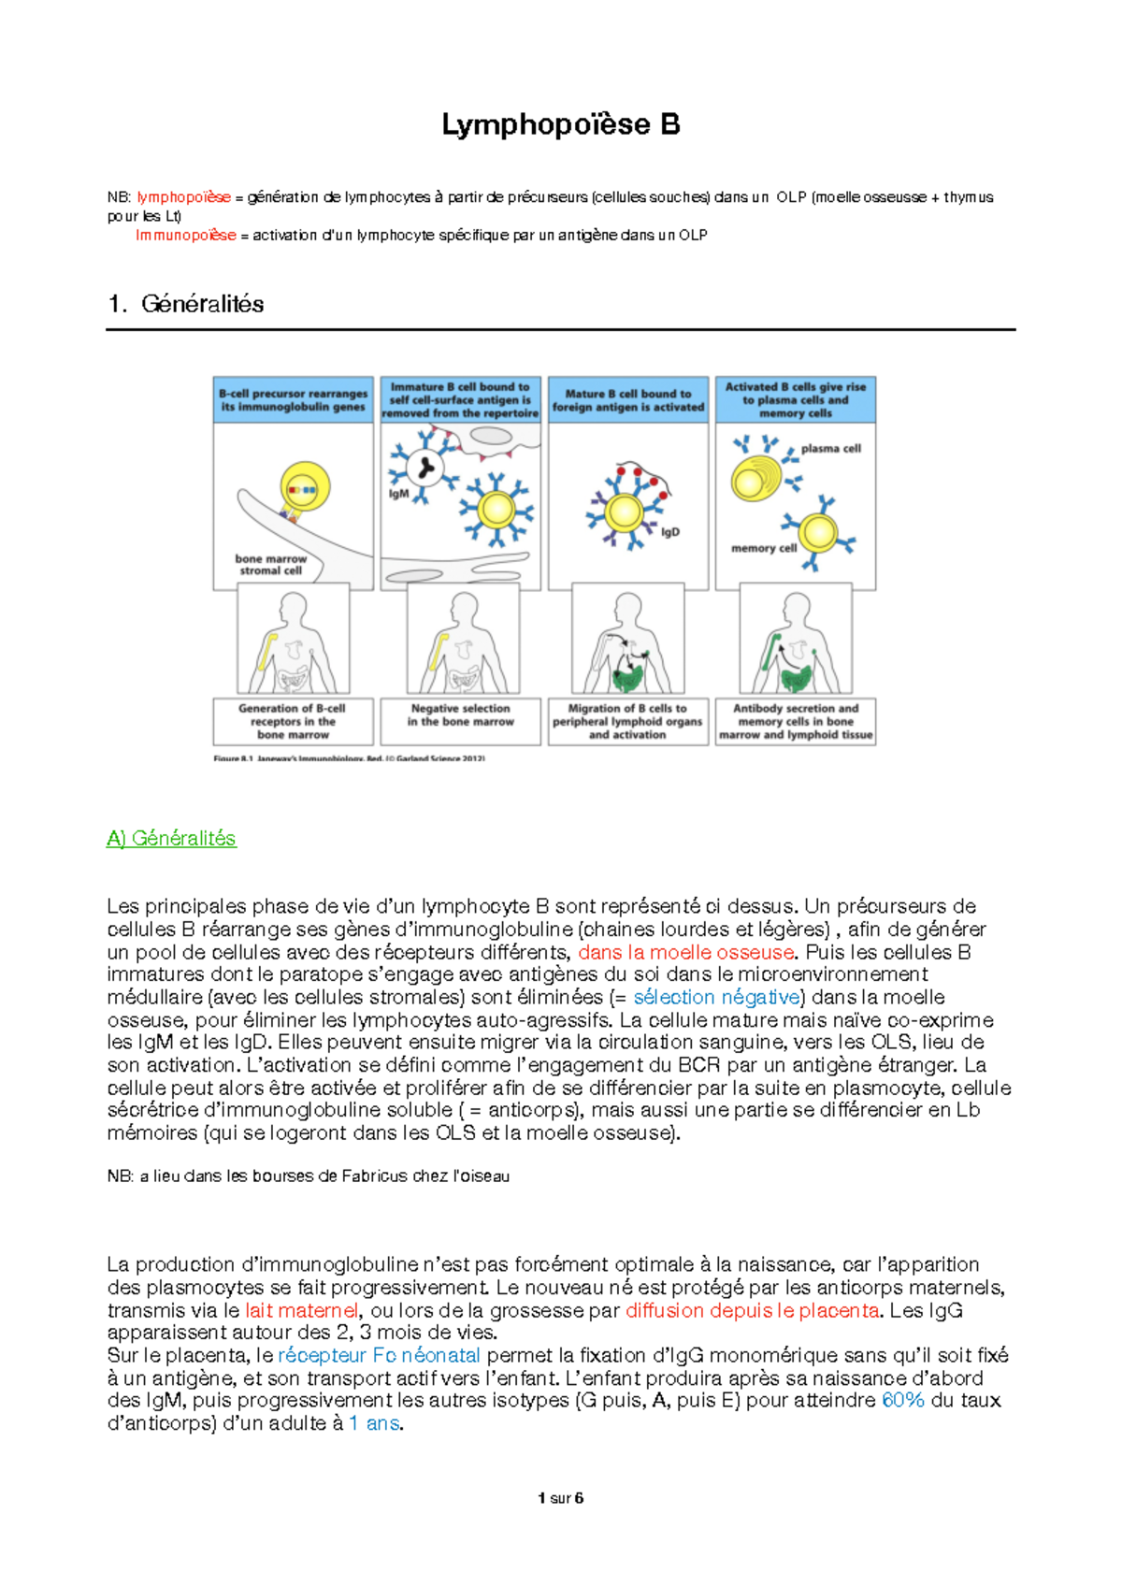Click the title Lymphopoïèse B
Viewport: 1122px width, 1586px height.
(x=560, y=124)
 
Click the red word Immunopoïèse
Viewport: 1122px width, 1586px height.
(x=185, y=236)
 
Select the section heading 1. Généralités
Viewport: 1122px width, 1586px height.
(x=185, y=304)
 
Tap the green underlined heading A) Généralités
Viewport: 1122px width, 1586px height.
(x=171, y=839)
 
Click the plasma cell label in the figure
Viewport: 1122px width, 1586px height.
(x=830, y=449)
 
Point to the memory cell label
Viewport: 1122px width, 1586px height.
(x=763, y=549)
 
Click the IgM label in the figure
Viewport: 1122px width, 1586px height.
(x=398, y=494)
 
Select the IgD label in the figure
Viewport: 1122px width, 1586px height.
(x=669, y=532)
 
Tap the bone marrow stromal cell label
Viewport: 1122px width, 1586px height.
(x=270, y=565)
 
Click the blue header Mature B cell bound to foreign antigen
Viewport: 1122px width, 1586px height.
(x=627, y=400)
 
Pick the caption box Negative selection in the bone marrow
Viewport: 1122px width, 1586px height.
(x=460, y=716)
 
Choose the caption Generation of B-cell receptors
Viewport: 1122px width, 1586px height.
(x=293, y=722)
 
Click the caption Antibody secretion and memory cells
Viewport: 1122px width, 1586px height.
(x=796, y=722)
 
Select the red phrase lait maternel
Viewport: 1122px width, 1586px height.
(x=301, y=1311)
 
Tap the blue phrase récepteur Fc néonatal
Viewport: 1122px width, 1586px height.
(x=379, y=1356)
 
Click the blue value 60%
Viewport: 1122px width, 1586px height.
(x=903, y=1401)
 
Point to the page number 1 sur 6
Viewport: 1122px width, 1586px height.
(x=560, y=1498)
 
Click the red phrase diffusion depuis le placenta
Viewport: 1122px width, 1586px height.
(x=753, y=1311)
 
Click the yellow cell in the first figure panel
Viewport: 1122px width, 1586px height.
(x=305, y=487)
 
